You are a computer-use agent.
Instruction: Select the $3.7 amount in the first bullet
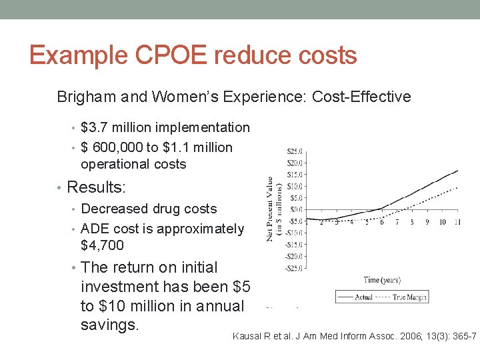[95, 127]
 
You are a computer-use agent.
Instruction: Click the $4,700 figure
[102, 245]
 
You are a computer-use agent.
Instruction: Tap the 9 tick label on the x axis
[427, 222]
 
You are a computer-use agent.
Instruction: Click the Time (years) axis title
[382, 280]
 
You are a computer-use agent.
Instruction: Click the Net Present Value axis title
[273, 209]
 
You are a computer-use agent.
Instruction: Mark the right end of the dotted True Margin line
[458, 187]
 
